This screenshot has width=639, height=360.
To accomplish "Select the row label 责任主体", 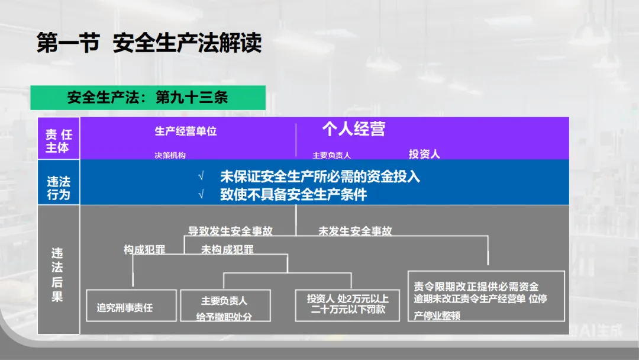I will [59, 142].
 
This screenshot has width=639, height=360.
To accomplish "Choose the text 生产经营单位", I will [186, 131].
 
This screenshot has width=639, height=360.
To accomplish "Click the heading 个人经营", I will [353, 129].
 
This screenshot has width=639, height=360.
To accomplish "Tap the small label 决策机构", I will [170, 155].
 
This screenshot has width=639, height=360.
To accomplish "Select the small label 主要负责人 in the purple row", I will [332, 155].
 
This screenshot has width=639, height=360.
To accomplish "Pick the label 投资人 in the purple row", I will [424, 154].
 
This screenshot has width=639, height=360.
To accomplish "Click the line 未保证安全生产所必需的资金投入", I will [320, 176].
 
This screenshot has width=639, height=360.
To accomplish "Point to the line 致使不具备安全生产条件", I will [293, 194].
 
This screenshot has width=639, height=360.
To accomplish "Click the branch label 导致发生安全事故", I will [230, 231].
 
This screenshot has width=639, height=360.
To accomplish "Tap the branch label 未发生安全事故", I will [355, 231].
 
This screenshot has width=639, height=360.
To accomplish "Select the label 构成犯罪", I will [144, 249].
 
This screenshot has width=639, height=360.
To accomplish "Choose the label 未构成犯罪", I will [227, 249].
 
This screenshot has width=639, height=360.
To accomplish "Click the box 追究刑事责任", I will [131, 306].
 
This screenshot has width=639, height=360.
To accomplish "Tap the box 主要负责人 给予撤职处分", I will [224, 306].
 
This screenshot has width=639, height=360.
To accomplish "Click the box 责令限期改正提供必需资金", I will [486, 296].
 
